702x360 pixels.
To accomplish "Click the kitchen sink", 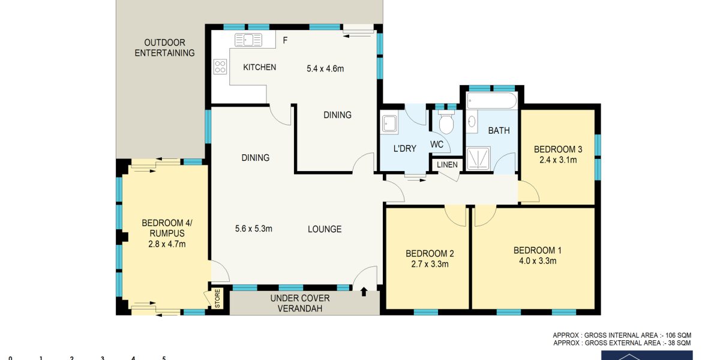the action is coord(248,40).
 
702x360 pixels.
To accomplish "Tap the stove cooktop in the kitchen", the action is coord(220,67).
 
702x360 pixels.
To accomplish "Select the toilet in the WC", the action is coord(446,122).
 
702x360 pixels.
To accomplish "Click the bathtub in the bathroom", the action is coord(491,100).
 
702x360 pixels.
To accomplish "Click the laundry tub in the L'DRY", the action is coord(389,124).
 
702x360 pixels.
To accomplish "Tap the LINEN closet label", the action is coord(447,165).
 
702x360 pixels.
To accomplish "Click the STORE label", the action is coord(218,299).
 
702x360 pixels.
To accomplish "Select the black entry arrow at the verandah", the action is coord(364,292).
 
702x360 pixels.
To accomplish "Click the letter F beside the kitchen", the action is coord(285,41).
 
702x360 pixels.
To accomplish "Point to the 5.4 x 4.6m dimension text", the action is coord(325,69).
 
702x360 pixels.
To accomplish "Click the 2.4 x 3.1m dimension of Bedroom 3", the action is coord(557,160).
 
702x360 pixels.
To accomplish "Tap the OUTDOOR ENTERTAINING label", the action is coord(165,48).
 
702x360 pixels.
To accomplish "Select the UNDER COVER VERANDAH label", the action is coord(300,303).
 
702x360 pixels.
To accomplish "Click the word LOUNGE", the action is coord(325,229).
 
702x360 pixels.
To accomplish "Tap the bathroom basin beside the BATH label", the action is coord(471,121).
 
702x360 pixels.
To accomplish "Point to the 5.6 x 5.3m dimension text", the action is coord(253,229).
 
